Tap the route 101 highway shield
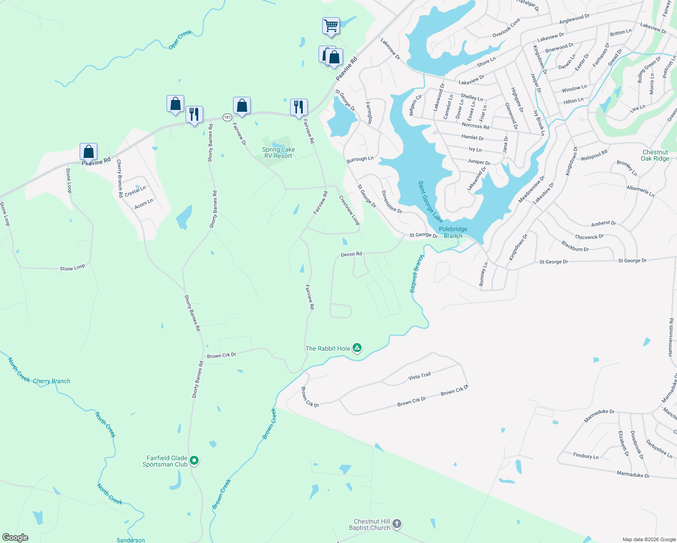tap(227, 117)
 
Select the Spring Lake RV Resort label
tap(278, 152)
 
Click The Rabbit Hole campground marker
tap(357, 348)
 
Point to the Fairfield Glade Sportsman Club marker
tap(194, 461)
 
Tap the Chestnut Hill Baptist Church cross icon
tap(396, 524)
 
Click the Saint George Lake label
tap(430, 201)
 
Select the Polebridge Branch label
tap(453, 232)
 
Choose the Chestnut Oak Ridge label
tap(655, 155)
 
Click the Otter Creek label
tap(180, 39)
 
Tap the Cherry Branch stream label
tap(52, 381)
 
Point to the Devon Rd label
tap(351, 254)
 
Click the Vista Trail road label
tap(420, 376)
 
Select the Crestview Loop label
tap(349, 210)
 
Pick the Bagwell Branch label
tap(417, 273)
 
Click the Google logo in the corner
tap(15, 537)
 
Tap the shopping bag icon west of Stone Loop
tap(88, 152)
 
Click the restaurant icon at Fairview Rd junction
tap(298, 107)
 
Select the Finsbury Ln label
tap(586, 456)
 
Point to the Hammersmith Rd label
tap(671, 338)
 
